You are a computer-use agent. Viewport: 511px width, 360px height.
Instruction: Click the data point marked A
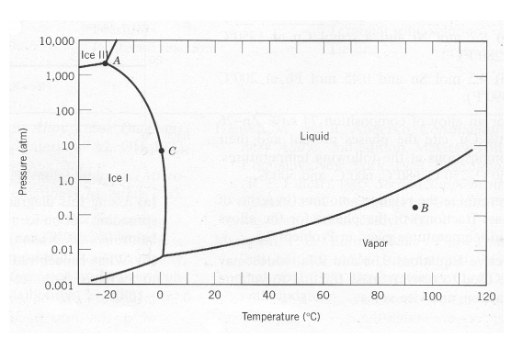pyautogui.click(x=106, y=62)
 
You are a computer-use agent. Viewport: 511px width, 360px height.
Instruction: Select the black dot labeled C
pyautogui.click(x=161, y=151)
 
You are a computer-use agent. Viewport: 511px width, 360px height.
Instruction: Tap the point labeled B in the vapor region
pyautogui.click(x=415, y=208)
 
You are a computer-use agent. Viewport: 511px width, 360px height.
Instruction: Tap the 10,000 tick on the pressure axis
pyautogui.click(x=57, y=42)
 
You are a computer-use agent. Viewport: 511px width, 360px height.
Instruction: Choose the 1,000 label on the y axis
pyautogui.click(x=61, y=77)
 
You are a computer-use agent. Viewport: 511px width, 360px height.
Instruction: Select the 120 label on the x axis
pyautogui.click(x=486, y=296)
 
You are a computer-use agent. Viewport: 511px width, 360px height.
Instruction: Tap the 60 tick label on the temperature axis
pyautogui.click(x=323, y=296)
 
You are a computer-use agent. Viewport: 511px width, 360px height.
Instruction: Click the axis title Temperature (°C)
pyautogui.click(x=279, y=317)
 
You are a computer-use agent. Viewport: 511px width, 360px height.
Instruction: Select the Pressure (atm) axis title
pyautogui.click(x=23, y=165)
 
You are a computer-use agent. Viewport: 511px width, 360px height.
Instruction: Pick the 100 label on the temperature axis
pyautogui.click(x=431, y=296)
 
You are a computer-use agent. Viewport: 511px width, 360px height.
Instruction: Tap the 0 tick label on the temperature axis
pyautogui.click(x=160, y=296)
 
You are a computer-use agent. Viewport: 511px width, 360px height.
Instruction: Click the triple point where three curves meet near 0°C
pyautogui.click(x=163, y=254)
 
